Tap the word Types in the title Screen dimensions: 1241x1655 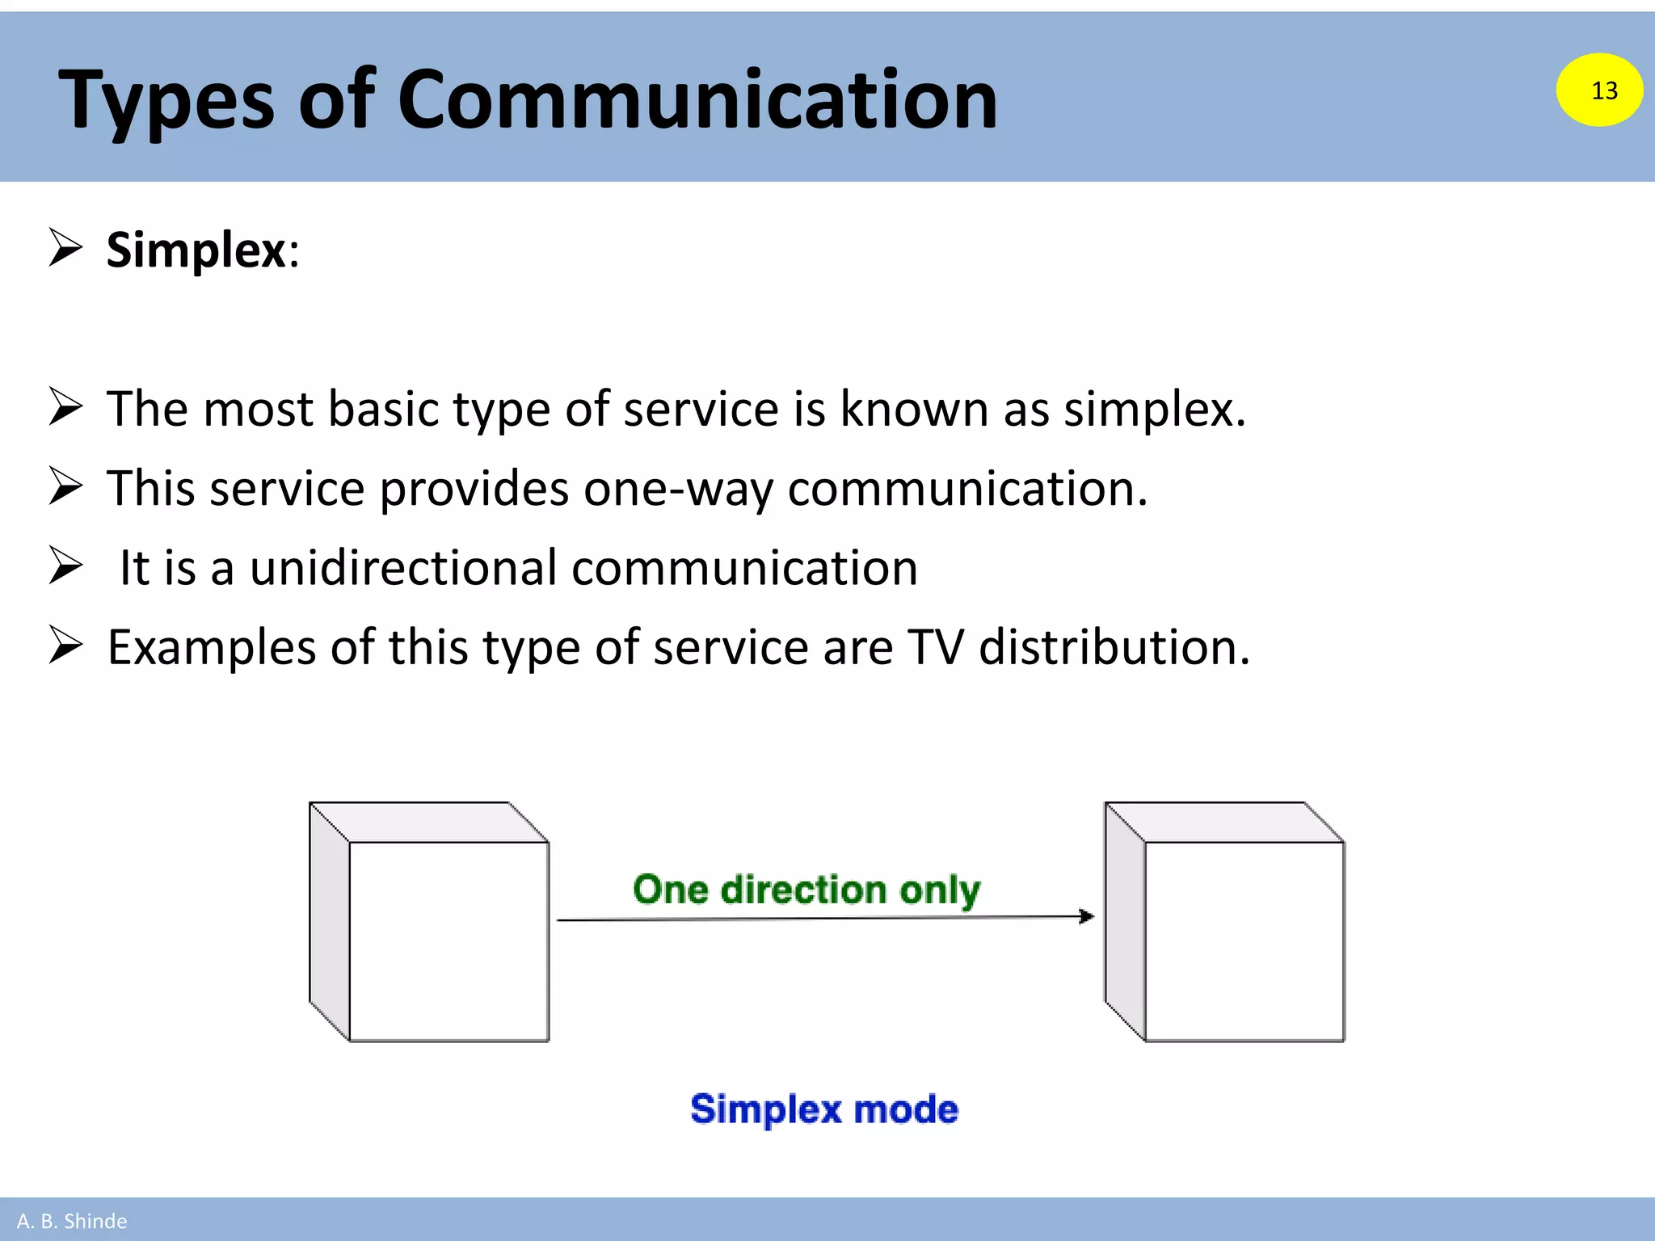[x=166, y=101]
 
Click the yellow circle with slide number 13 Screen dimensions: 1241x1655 [x=1599, y=90]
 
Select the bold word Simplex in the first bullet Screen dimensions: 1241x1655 [x=196, y=250]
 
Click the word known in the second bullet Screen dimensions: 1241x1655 [x=914, y=408]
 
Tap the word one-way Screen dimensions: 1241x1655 [x=677, y=490]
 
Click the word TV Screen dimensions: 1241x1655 [x=936, y=647]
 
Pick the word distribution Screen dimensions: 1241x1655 [x=1114, y=647]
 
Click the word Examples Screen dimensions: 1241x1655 [x=212, y=649]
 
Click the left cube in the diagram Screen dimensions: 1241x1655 [x=430, y=923]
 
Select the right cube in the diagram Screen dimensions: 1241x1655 [x=1225, y=923]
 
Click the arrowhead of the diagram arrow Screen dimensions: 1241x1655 [x=1087, y=916]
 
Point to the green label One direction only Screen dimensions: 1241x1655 [x=806, y=890]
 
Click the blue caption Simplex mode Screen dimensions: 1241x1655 [x=824, y=1108]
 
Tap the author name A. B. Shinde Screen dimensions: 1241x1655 [x=72, y=1221]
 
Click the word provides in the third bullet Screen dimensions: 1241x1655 [x=474, y=490]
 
